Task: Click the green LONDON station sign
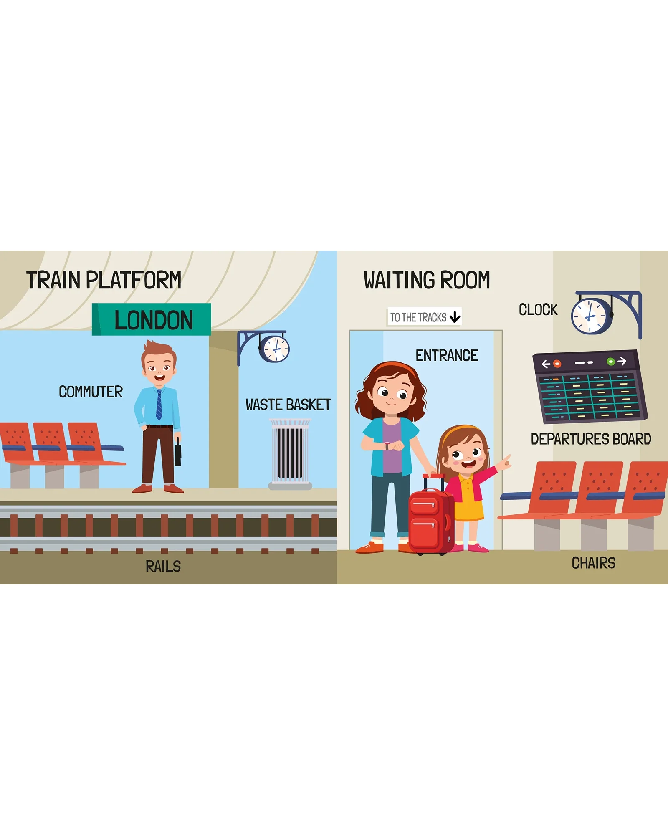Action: (152, 319)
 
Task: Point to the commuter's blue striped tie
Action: (159, 404)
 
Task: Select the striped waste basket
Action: (290, 454)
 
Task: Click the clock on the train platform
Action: (274, 349)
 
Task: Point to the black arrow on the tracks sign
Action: (455, 317)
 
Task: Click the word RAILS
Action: (163, 567)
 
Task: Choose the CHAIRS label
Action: (594, 563)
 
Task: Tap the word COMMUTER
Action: (91, 392)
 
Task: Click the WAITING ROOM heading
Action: (427, 280)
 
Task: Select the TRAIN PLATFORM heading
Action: (104, 280)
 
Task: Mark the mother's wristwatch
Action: (387, 445)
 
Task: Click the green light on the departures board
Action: (610, 361)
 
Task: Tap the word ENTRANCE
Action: (447, 356)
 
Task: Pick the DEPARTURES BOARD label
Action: (591, 439)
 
